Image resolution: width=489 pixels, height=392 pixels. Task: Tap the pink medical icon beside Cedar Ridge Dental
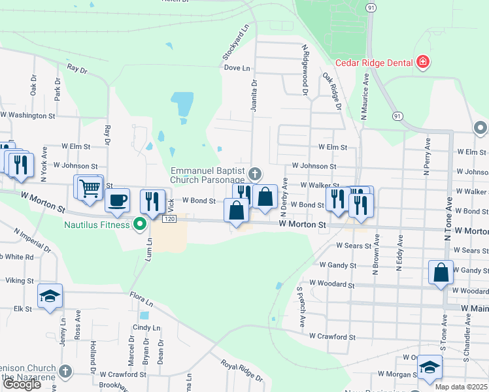click(423, 63)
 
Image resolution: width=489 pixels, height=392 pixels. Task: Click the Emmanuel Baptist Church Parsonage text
click(207, 174)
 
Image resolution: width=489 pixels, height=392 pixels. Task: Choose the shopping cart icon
click(90, 188)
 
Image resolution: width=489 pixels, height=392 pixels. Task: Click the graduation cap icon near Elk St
click(50, 297)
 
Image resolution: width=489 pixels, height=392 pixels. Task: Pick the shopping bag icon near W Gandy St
click(441, 272)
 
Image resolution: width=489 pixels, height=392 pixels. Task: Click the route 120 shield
click(170, 220)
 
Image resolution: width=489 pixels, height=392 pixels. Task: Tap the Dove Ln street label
click(237, 68)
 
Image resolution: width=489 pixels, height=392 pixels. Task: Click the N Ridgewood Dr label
click(305, 70)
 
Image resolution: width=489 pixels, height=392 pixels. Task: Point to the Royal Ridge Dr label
click(241, 370)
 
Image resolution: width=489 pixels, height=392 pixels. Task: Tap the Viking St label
click(20, 280)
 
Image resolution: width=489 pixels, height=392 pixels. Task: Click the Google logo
click(22, 385)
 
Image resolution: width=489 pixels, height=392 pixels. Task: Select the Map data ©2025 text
click(461, 387)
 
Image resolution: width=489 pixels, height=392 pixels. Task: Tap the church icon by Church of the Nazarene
click(64, 371)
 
